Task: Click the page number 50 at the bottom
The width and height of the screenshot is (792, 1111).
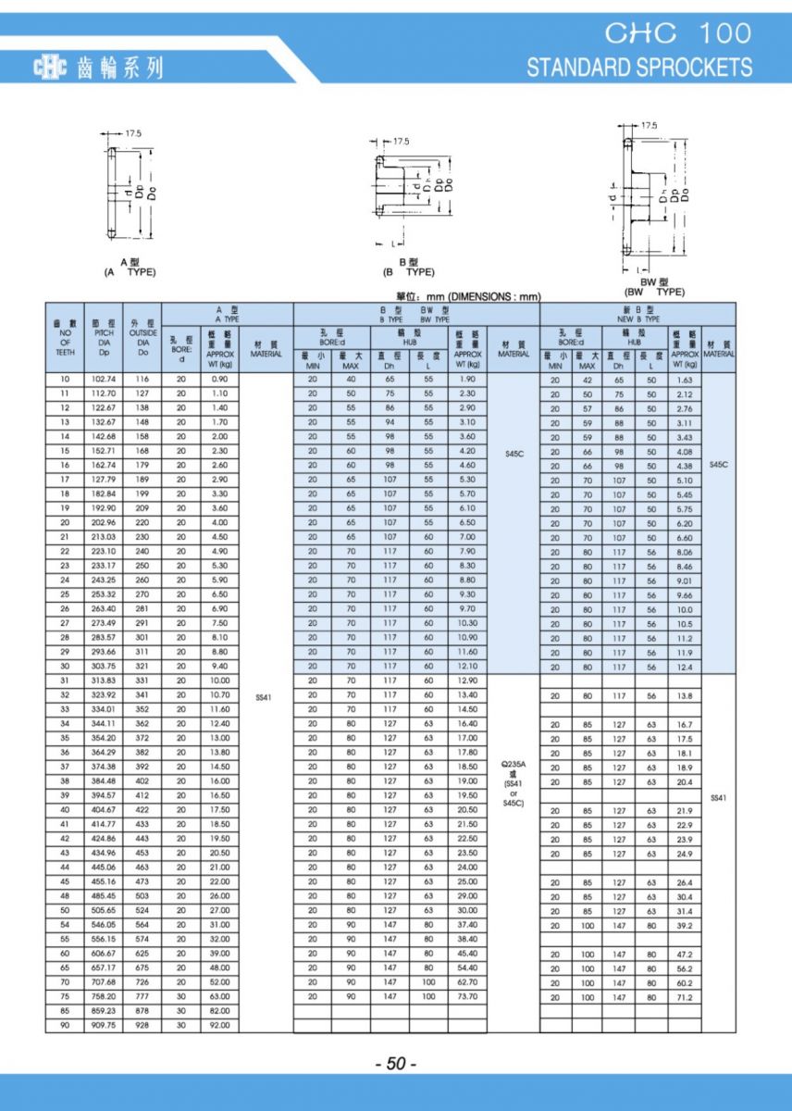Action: pyautogui.click(x=396, y=1065)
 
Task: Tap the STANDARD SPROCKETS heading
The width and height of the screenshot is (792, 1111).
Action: pyautogui.click(x=639, y=68)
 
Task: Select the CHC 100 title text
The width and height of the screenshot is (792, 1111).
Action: pyautogui.click(x=678, y=33)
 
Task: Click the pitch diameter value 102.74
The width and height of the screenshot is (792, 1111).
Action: pyautogui.click(x=102, y=380)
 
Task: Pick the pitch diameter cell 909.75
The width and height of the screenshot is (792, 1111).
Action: pyautogui.click(x=102, y=1026)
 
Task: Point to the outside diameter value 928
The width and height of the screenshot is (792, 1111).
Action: pyautogui.click(x=142, y=1026)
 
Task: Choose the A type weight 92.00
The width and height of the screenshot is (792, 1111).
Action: pyautogui.click(x=219, y=1026)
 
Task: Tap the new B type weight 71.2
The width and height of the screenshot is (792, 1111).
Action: pyautogui.click(x=685, y=998)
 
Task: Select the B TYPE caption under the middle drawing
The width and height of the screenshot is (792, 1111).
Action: pyautogui.click(x=408, y=268)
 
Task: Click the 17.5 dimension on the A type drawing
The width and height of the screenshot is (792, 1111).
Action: pyautogui.click(x=132, y=133)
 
